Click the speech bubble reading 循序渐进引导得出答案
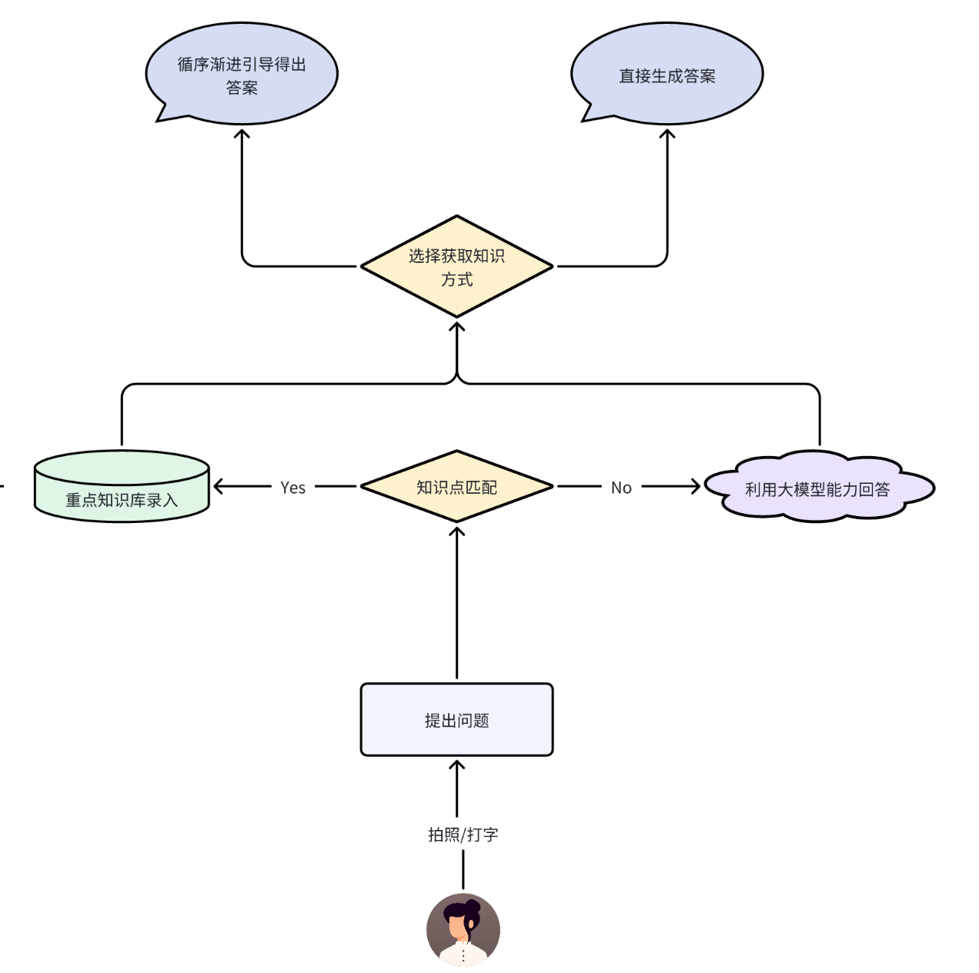coord(242,75)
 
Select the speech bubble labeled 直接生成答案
coord(667,75)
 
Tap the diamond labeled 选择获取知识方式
coord(456,266)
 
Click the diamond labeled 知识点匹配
coord(456,486)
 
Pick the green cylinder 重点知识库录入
coord(122,487)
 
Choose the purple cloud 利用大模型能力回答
coord(818,488)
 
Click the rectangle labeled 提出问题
coord(456,719)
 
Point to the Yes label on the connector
coord(292,487)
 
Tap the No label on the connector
coord(621,487)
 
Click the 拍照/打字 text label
coord(463,835)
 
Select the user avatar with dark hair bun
coord(463,930)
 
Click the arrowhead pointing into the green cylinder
coord(219,486)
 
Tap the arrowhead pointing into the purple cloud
coord(695,486)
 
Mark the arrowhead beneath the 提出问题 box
coord(456,765)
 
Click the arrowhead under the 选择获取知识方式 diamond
coord(456,327)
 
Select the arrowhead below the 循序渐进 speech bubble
coord(242,134)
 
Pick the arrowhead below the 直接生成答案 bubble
coord(667,134)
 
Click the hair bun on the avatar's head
coord(471,905)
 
